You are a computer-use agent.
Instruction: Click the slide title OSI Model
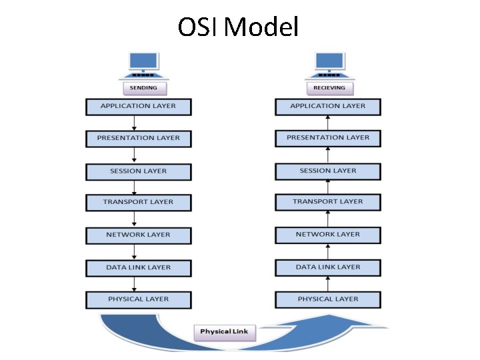pos(238,27)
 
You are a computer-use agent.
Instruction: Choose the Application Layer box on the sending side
pos(139,107)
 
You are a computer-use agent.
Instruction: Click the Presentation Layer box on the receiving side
pos(327,138)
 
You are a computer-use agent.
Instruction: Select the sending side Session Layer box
pos(139,171)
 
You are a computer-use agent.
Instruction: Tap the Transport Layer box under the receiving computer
pos(327,201)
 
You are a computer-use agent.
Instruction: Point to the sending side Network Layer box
pos(139,235)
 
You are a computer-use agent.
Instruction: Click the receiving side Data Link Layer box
pos(327,267)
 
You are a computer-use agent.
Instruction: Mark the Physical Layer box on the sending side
pos(139,300)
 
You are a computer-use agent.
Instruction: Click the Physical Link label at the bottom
pos(225,331)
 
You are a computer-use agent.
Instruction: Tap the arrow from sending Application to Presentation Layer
pos(135,123)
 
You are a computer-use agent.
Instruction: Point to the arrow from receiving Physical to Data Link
pos(327,283)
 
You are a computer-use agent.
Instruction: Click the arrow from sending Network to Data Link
pos(135,251)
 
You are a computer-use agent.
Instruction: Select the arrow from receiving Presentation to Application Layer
pos(327,122)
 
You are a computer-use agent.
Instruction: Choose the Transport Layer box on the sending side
pos(139,202)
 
